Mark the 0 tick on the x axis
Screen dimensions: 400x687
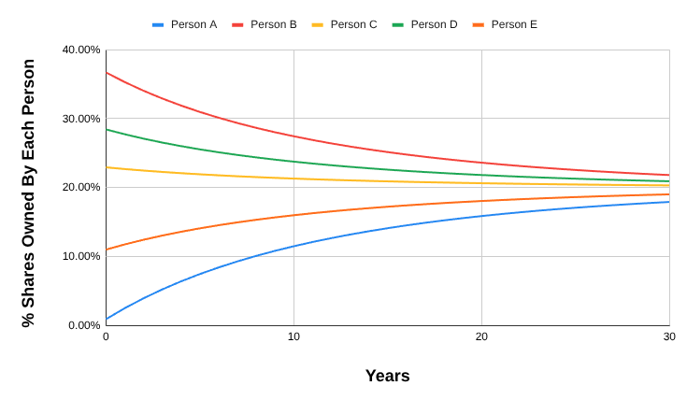pyautogui.click(x=106, y=336)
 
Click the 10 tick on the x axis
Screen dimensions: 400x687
pyautogui.click(x=293, y=336)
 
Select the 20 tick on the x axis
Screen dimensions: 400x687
pyautogui.click(x=481, y=336)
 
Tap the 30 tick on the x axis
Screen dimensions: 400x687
pyautogui.click(x=668, y=336)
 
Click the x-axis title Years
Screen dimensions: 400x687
pyautogui.click(x=387, y=376)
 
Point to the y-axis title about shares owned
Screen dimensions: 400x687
pyautogui.click(x=29, y=193)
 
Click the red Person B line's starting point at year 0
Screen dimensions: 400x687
pyautogui.click(x=107, y=72)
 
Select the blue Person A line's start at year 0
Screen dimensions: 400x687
pyautogui.click(x=107, y=319)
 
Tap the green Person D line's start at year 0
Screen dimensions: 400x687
pyautogui.click(x=107, y=129)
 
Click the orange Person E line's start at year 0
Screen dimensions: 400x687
pyautogui.click(x=107, y=250)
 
